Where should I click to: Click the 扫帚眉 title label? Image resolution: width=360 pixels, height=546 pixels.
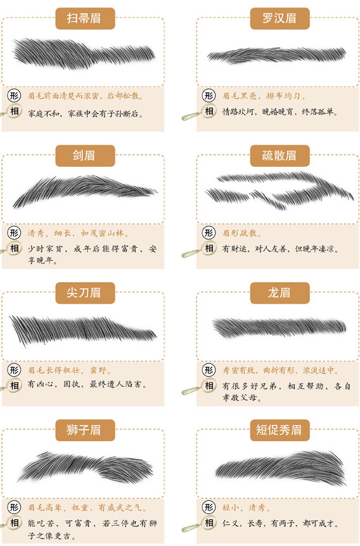click(85, 18)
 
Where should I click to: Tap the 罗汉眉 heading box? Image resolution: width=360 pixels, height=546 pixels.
click(280, 18)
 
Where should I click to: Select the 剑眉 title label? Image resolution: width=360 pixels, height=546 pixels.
click(85, 155)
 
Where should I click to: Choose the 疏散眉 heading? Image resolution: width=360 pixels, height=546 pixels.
click(280, 155)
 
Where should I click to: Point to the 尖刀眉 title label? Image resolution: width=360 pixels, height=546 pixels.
click(85, 293)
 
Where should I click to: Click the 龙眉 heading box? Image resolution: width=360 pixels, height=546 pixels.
click(280, 293)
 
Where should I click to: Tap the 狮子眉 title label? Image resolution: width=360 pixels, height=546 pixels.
click(85, 430)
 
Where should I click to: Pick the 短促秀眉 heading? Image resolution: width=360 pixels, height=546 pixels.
click(280, 430)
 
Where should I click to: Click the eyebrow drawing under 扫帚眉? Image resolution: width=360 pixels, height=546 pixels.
click(84, 53)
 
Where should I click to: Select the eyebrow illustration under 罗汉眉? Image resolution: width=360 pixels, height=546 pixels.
click(277, 55)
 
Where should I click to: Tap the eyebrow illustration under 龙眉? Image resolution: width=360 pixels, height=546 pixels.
click(280, 327)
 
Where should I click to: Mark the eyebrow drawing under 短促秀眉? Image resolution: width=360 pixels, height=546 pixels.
click(281, 467)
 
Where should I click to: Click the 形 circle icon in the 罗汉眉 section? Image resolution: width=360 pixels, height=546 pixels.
click(209, 95)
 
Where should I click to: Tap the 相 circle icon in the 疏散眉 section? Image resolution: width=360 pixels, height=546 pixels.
click(209, 249)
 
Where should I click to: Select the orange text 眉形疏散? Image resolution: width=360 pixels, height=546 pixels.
click(242, 233)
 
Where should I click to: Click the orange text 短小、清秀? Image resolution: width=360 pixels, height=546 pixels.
click(247, 507)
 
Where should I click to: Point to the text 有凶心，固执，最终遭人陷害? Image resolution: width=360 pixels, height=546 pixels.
click(87, 384)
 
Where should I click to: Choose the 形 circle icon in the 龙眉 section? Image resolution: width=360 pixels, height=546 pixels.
click(209, 370)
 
